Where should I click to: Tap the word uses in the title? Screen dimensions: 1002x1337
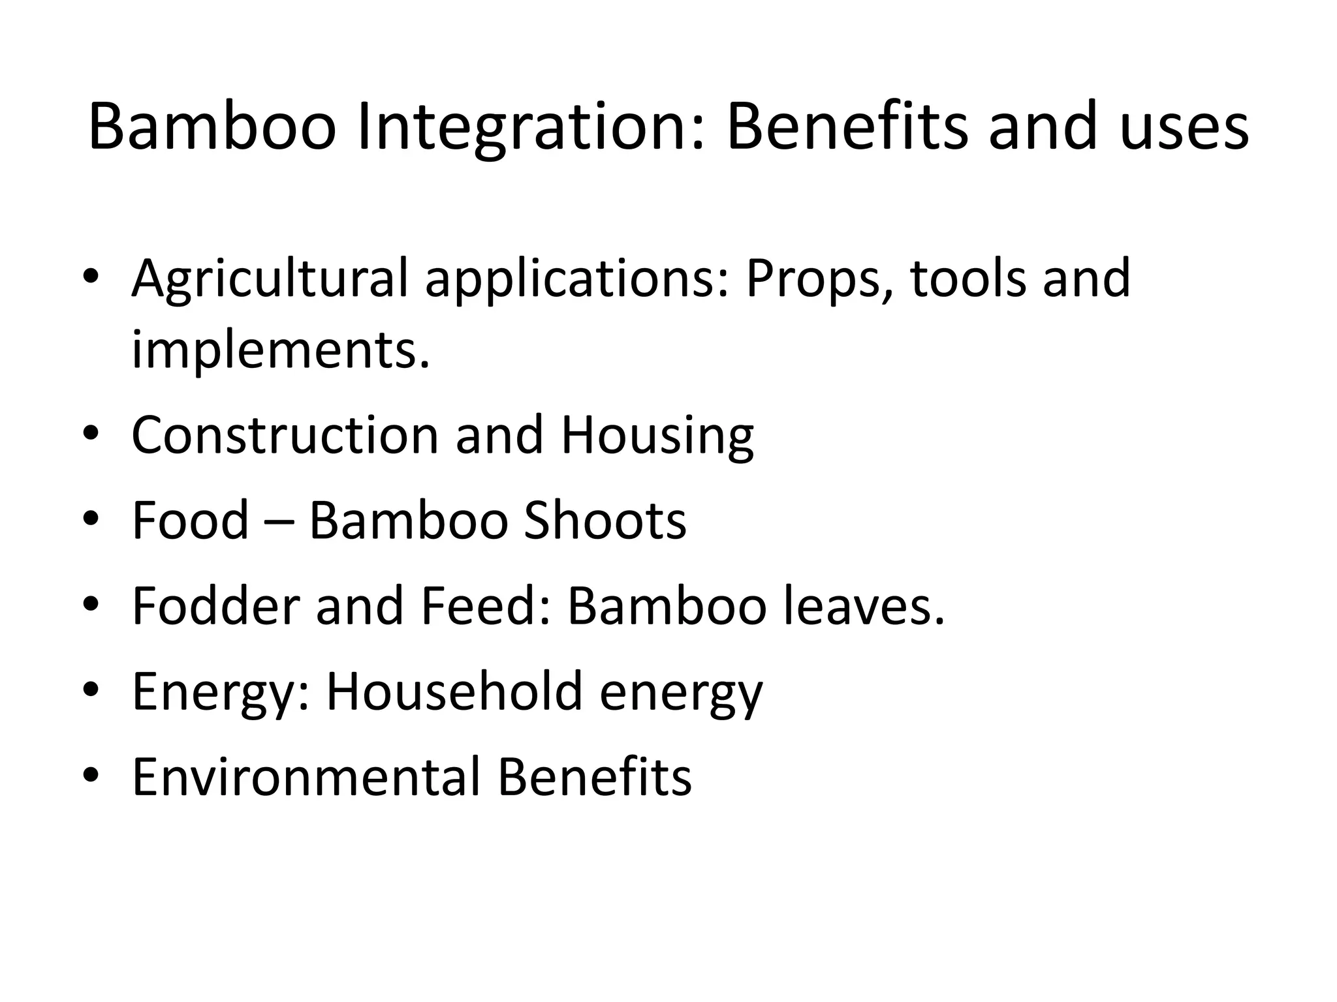point(1184,127)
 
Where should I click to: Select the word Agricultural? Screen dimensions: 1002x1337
point(270,279)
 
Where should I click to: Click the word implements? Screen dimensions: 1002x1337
point(281,350)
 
